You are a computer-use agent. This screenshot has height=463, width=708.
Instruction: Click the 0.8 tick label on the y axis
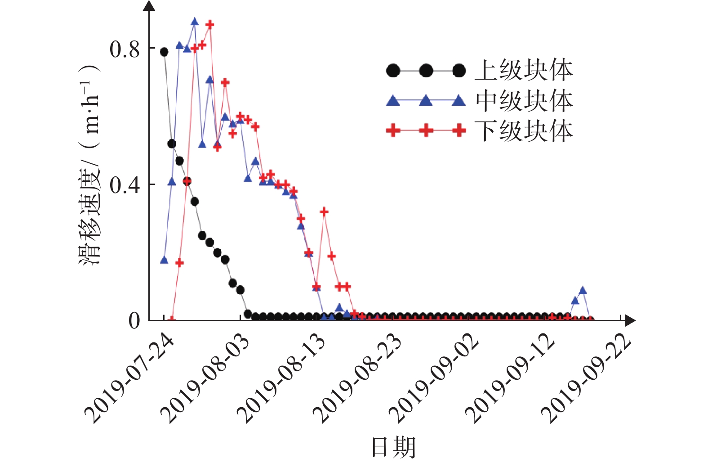pyautogui.click(x=125, y=49)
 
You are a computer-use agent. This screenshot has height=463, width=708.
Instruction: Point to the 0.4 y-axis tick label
pyautogui.click(x=125, y=185)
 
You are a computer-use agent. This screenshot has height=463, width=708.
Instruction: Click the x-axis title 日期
pyautogui.click(x=393, y=447)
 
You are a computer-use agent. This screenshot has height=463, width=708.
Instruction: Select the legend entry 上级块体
pyautogui.click(x=524, y=71)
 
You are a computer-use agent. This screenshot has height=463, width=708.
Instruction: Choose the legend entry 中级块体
pyautogui.click(x=524, y=101)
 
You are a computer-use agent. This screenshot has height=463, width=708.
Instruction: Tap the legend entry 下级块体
pyautogui.click(x=524, y=131)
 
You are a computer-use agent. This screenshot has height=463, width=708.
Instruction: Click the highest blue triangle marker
pyautogui.click(x=195, y=22)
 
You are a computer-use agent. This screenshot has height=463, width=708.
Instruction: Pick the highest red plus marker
pyautogui.click(x=210, y=24)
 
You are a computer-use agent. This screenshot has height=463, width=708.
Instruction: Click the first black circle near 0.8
pyautogui.click(x=164, y=52)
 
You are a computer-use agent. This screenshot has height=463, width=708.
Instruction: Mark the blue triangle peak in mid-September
pyautogui.click(x=583, y=291)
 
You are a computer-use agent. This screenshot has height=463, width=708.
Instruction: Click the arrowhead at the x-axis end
pyautogui.click(x=630, y=320)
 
